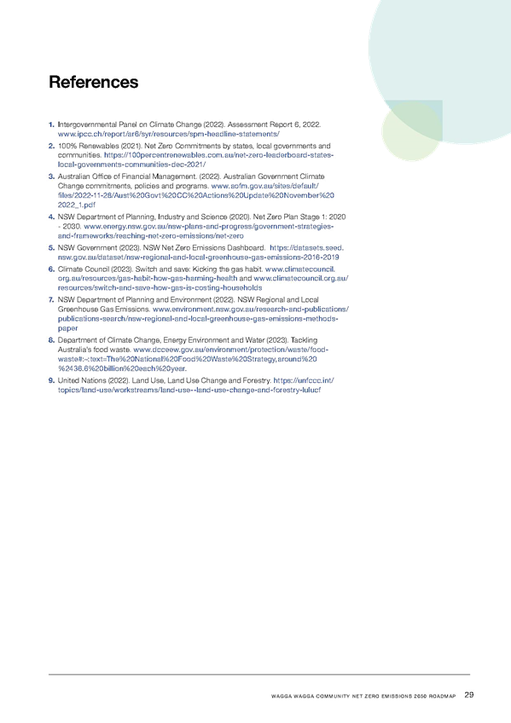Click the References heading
(94, 82)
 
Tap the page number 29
(469, 695)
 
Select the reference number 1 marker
(51, 124)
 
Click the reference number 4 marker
(51, 217)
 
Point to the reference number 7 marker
(51, 300)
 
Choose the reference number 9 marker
(51, 380)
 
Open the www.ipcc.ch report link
(168, 134)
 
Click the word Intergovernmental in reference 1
(87, 124)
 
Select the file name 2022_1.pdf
(77, 205)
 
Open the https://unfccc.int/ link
(304, 380)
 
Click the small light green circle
(410, 131)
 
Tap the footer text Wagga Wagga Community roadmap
(363, 697)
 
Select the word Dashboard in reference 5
(249, 247)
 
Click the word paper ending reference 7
(67, 328)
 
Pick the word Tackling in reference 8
(304, 340)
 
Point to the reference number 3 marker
(51, 176)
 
